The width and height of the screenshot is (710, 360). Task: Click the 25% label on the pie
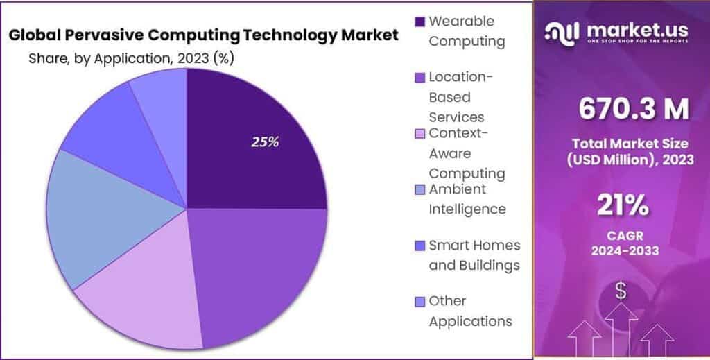265,142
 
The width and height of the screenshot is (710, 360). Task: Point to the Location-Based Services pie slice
263,271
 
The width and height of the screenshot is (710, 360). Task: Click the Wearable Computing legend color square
419,22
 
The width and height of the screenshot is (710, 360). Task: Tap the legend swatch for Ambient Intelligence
419,189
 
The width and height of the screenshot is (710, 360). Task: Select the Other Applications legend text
470,311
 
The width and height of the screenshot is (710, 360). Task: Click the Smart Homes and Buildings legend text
474,255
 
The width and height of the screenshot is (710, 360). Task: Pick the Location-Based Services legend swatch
419,78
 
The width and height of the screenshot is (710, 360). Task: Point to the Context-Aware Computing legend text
466,153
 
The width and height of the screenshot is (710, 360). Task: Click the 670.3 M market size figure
634,109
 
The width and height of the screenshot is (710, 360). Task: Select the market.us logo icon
563,31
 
